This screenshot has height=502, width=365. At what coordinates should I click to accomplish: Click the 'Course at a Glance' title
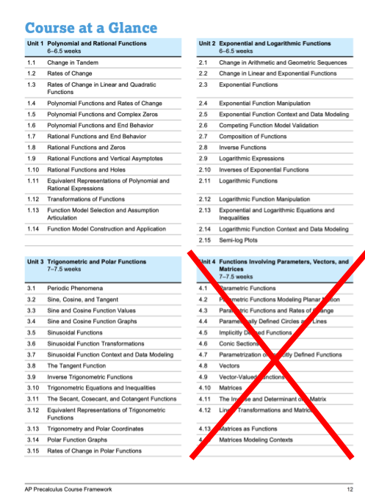click(x=91, y=28)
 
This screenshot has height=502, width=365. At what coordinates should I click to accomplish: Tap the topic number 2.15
click(x=205, y=240)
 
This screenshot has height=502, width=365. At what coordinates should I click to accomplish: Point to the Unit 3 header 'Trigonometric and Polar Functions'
click(x=96, y=261)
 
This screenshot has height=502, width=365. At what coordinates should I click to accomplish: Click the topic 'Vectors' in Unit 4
click(x=230, y=365)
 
